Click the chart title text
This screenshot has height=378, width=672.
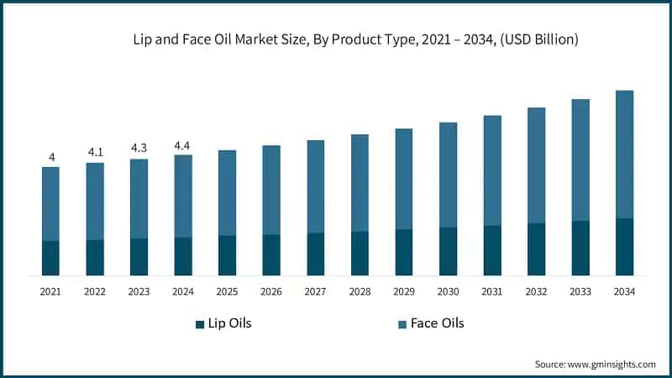point(344,39)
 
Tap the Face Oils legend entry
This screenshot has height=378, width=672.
point(436,323)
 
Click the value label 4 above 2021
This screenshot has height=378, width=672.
point(51,157)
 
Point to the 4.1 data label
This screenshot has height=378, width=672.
point(95,153)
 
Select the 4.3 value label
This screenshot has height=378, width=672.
point(139,149)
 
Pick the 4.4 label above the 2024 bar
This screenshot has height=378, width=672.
point(182,145)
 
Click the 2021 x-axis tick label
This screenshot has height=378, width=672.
point(51,291)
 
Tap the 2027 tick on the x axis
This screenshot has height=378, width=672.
point(315,291)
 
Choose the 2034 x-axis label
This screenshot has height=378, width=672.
point(624,291)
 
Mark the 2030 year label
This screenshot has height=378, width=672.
point(448,291)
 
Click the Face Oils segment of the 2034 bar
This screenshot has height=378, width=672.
point(624,155)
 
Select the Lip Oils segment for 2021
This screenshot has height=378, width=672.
point(51,258)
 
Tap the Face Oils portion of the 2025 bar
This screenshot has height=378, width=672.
point(227,193)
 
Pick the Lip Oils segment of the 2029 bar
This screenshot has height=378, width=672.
point(404,252)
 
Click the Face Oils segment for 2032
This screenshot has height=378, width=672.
point(536,165)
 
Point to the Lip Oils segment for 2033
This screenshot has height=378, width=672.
point(580,248)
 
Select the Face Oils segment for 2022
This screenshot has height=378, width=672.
point(95,202)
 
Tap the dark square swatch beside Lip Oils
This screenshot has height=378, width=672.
point(200,324)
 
